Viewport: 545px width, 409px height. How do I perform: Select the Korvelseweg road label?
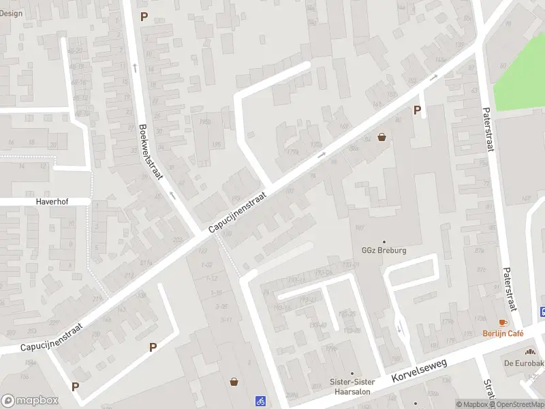(x=419, y=372)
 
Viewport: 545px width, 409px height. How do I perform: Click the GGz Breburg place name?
(x=384, y=250)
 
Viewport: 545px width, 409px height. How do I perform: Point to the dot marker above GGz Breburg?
(x=384, y=241)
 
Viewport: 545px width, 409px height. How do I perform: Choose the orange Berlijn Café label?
(x=503, y=333)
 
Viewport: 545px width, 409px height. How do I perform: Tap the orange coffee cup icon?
(x=503, y=322)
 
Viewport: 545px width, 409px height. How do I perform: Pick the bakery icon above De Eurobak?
(x=530, y=351)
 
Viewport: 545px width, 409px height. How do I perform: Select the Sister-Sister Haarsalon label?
(x=352, y=387)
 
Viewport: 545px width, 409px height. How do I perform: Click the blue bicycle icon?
(x=260, y=401)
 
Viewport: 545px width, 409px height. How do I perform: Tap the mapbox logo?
(x=30, y=401)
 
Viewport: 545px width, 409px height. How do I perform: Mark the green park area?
(x=521, y=78)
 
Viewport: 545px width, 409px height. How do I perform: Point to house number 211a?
(x=146, y=263)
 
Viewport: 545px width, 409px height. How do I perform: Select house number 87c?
(x=482, y=250)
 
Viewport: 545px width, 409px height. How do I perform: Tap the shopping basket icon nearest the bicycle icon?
(x=234, y=382)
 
